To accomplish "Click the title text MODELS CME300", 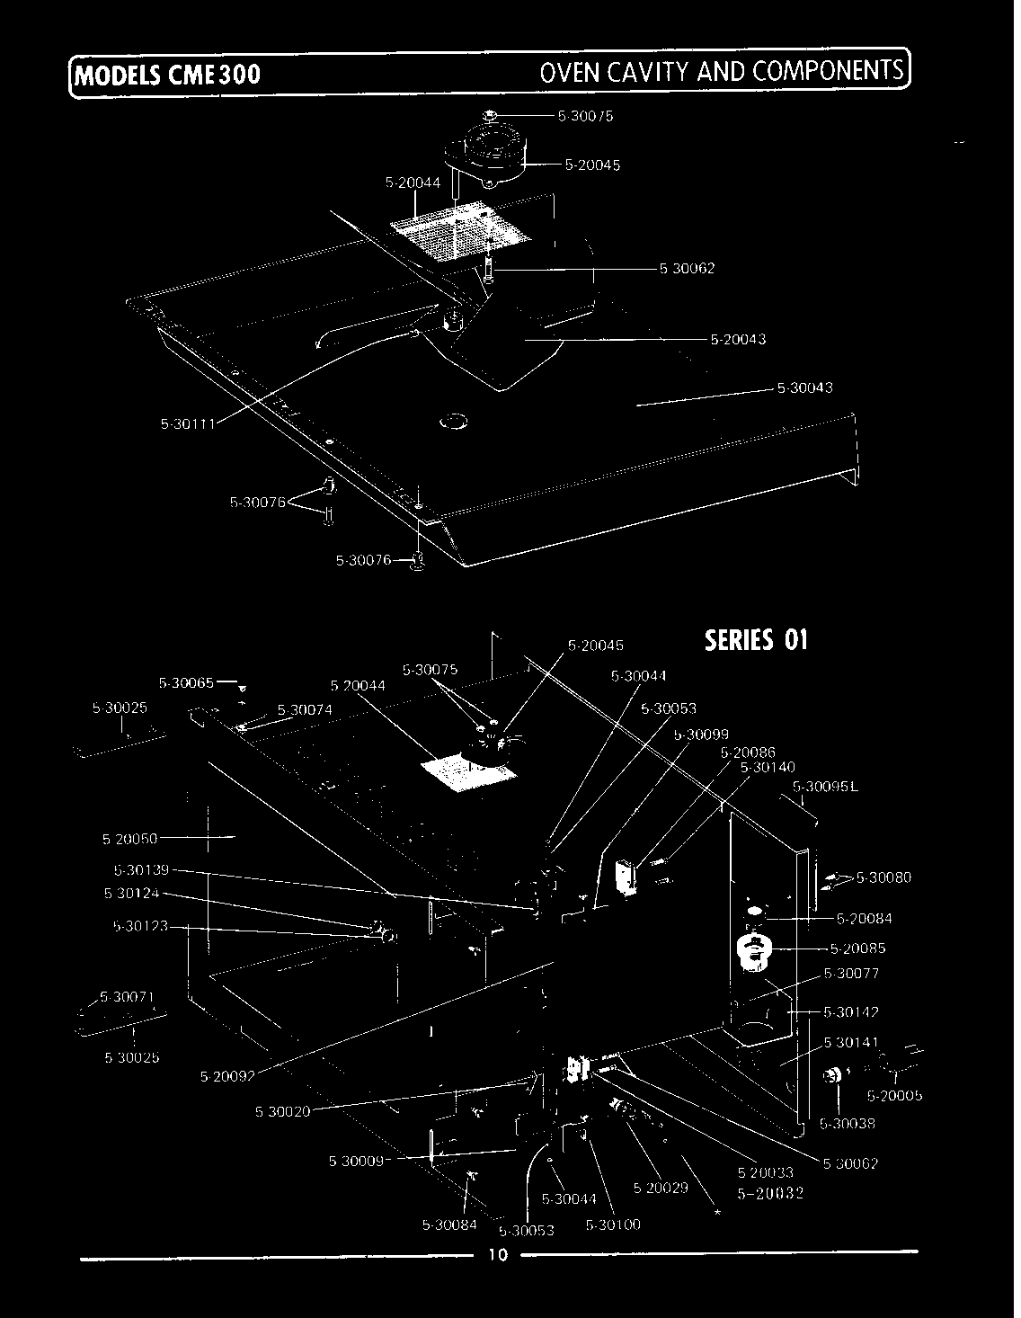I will point(168,74).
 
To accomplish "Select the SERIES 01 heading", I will point(756,640).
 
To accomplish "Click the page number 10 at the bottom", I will point(498,1255).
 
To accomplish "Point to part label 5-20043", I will point(738,340).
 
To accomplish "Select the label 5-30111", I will point(187,425).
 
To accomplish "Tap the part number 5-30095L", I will point(826,788).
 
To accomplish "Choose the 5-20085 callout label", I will point(857,948).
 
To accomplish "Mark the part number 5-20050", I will point(129,839).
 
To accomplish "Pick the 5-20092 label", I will point(227,1074).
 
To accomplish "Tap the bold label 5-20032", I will point(769,1194).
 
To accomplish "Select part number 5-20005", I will point(894,1095).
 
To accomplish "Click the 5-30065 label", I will point(186,683).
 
